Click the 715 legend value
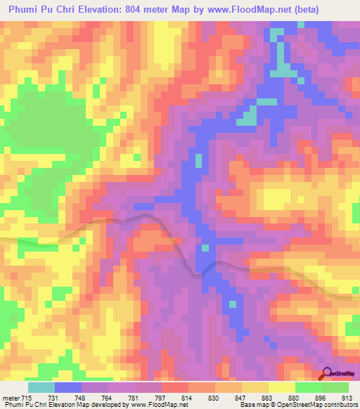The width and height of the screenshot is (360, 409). [27, 398]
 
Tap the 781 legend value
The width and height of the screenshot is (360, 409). [134, 398]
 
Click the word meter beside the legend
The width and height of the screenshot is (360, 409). [11, 398]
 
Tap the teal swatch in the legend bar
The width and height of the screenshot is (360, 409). [41, 387]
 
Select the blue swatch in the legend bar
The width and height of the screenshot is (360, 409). [68, 387]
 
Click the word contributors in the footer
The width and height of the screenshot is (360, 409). [340, 405]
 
